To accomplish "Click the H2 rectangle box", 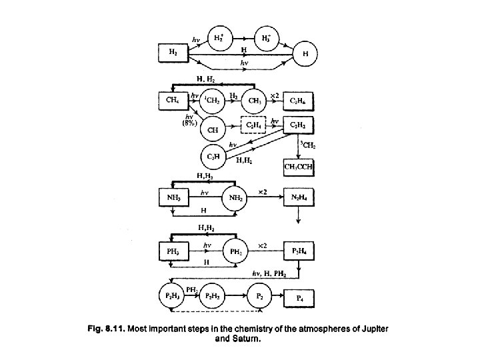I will [172, 53].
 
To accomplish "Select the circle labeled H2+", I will [218, 38].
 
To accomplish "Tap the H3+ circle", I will [267, 38].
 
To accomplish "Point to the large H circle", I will [305, 53].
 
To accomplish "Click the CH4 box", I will [171, 100].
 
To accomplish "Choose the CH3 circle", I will [253, 100].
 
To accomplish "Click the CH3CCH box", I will [298, 166].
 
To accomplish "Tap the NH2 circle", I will [235, 198].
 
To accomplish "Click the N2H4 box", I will [298, 198].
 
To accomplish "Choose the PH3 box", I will [171, 251].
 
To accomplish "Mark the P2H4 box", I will [298, 251].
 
